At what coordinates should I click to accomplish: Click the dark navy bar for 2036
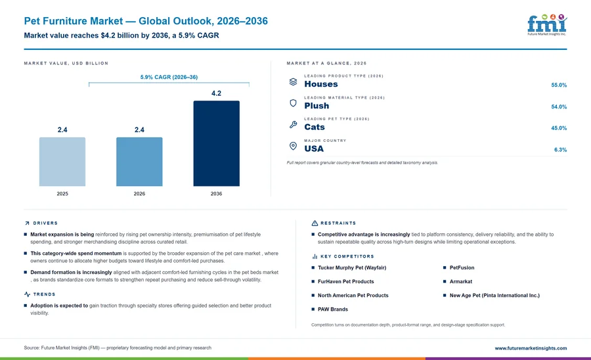(x=216, y=143)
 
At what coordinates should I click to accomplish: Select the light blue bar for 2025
(x=62, y=162)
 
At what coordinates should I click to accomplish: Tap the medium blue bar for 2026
(x=139, y=162)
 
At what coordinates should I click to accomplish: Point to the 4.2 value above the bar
(x=216, y=93)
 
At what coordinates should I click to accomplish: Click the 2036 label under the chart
(x=216, y=194)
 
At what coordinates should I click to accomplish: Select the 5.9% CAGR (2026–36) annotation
(x=169, y=77)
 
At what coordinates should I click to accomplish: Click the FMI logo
(x=547, y=25)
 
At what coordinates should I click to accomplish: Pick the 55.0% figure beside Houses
(x=559, y=85)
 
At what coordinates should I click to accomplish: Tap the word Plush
(x=317, y=106)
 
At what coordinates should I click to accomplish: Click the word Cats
(x=315, y=127)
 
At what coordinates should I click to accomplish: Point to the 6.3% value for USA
(x=560, y=150)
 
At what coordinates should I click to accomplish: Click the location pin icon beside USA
(x=293, y=146)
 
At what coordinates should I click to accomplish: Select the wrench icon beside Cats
(x=293, y=124)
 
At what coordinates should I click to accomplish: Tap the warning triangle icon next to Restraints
(x=315, y=223)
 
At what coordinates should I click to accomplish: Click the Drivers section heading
(x=45, y=223)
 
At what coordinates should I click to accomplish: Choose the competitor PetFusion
(x=462, y=267)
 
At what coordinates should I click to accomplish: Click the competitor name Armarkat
(x=460, y=282)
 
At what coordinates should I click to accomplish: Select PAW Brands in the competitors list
(x=333, y=309)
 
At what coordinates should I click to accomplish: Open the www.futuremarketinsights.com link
(x=531, y=348)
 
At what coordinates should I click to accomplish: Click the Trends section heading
(x=44, y=294)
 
